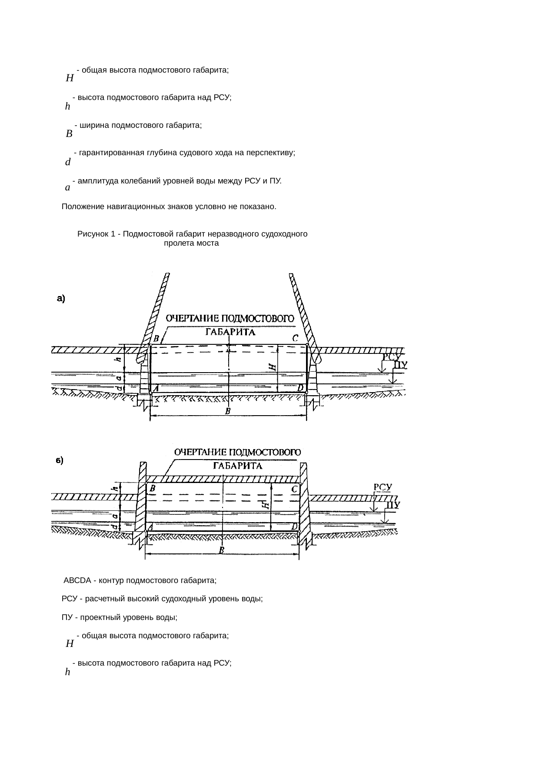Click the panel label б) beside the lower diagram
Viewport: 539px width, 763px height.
tap(60, 460)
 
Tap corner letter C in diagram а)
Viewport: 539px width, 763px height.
tap(295, 338)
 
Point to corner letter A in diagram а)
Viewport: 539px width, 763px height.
tap(155, 388)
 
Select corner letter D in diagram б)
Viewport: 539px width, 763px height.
tap(294, 526)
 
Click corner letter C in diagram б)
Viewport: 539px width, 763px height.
tap(294, 489)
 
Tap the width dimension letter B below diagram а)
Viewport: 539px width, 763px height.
tap(227, 411)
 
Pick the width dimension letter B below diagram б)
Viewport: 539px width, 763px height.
tap(221, 550)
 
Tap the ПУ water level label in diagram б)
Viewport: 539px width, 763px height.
tap(393, 505)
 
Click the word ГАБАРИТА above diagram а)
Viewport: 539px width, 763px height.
tap(230, 333)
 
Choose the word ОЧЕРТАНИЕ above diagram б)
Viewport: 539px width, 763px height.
tap(200, 452)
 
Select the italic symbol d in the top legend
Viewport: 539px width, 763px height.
tap(67, 163)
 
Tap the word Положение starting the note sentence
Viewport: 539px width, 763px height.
tap(82, 207)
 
